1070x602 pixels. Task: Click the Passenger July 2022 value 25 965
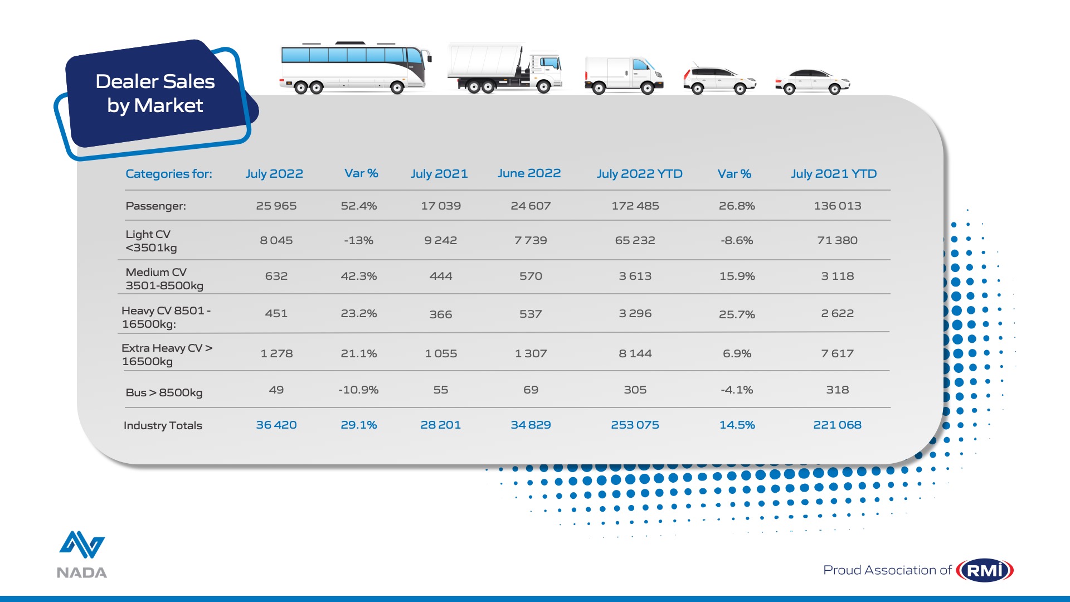pyautogui.click(x=276, y=206)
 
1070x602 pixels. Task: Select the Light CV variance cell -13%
pyautogui.click(x=358, y=240)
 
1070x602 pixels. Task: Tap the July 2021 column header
pyautogui.click(x=439, y=174)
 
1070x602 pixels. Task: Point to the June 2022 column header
pyautogui.click(x=529, y=173)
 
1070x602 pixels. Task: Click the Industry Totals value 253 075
pyautogui.click(x=635, y=425)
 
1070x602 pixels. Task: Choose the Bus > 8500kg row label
pyautogui.click(x=164, y=392)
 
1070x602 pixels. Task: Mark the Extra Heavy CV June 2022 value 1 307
pyautogui.click(x=531, y=353)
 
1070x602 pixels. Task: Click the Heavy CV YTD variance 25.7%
pyautogui.click(x=737, y=314)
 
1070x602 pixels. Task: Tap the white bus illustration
pyautogui.click(x=355, y=67)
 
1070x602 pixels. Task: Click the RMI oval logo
pyautogui.click(x=985, y=570)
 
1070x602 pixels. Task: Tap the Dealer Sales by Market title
pyautogui.click(x=155, y=94)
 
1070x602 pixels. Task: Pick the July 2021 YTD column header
pyautogui.click(x=834, y=174)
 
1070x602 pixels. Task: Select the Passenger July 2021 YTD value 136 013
pyautogui.click(x=837, y=206)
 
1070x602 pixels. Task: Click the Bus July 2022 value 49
pyautogui.click(x=276, y=390)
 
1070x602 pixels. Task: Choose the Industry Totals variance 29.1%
pyautogui.click(x=358, y=425)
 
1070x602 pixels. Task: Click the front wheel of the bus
pyautogui.click(x=397, y=87)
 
